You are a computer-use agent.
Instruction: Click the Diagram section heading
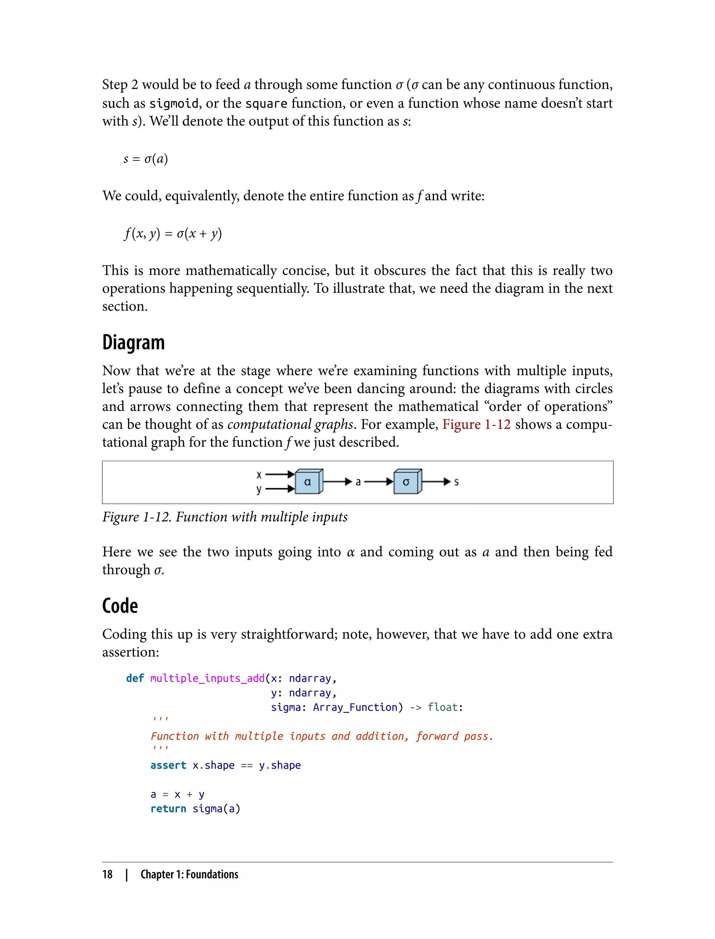133,343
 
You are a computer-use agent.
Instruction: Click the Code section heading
120,606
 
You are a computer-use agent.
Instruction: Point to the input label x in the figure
259,474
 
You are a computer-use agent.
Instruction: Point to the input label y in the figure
259,489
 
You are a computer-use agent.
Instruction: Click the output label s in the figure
456,482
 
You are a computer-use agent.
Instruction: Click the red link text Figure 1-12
476,424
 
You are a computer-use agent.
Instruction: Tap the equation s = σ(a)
146,159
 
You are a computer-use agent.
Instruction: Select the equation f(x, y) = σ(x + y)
173,234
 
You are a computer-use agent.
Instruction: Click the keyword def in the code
135,678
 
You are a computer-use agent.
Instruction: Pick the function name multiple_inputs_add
207,678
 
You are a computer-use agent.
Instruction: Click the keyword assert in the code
168,765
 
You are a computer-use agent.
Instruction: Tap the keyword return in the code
168,809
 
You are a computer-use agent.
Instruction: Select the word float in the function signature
443,707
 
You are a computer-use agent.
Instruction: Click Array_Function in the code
355,707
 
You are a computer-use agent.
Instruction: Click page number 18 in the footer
107,874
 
